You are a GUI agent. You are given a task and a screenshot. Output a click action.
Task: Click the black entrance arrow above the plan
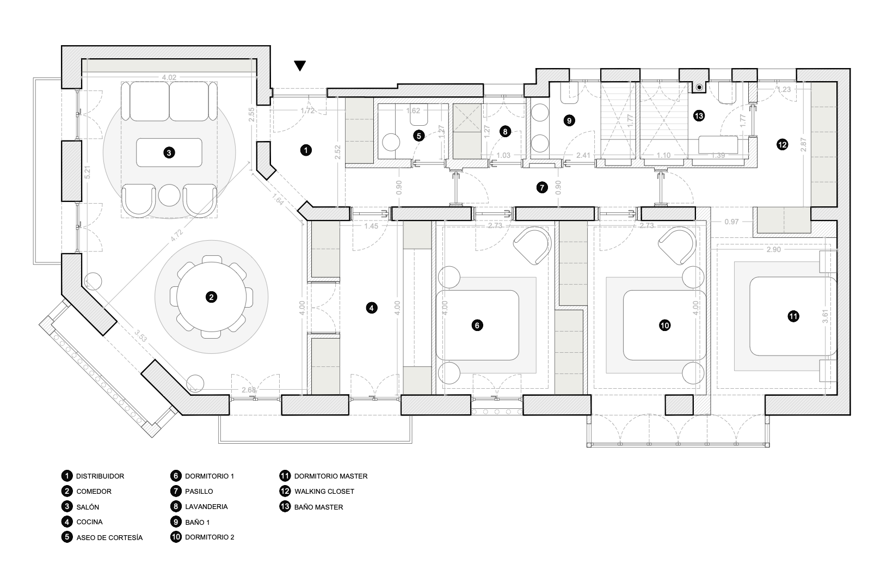300,65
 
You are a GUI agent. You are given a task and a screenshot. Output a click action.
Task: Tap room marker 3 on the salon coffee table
169,153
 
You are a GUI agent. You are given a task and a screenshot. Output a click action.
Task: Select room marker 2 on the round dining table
211,297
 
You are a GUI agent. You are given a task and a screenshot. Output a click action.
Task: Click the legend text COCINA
89,522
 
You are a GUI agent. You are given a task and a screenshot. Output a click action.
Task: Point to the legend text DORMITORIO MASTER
330,476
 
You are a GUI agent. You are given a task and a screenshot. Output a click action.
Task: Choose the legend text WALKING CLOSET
324,492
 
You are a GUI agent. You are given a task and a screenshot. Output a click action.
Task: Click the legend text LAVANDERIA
206,507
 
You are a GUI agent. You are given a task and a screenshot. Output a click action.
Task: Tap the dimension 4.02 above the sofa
169,78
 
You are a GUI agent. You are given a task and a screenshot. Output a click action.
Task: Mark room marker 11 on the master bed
793,316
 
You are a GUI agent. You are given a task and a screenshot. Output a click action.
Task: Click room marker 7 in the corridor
541,187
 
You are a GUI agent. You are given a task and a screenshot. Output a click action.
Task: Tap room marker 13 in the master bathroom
699,115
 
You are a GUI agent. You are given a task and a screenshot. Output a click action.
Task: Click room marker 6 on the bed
476,326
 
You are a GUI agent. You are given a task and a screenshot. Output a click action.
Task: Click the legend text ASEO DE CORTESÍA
109,537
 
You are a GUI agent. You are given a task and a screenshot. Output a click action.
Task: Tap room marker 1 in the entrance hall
306,150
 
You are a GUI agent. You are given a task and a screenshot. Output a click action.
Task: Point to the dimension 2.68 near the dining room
248,390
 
